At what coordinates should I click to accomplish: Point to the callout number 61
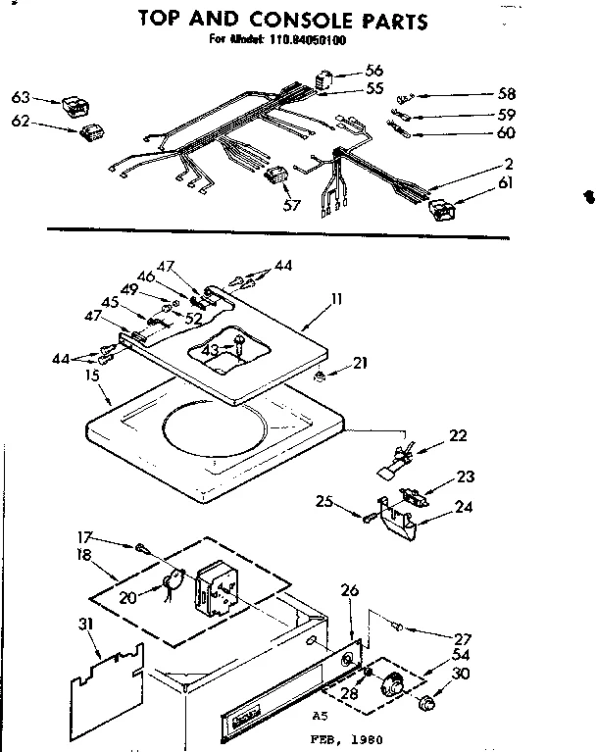(x=505, y=182)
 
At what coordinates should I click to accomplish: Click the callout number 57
(x=290, y=205)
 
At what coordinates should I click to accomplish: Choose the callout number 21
(x=361, y=363)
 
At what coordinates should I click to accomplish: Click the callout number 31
(x=87, y=624)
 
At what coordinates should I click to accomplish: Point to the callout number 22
(x=459, y=436)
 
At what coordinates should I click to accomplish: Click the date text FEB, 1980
(x=340, y=740)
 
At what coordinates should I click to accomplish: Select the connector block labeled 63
(x=72, y=102)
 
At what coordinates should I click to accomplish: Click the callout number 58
(x=506, y=94)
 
